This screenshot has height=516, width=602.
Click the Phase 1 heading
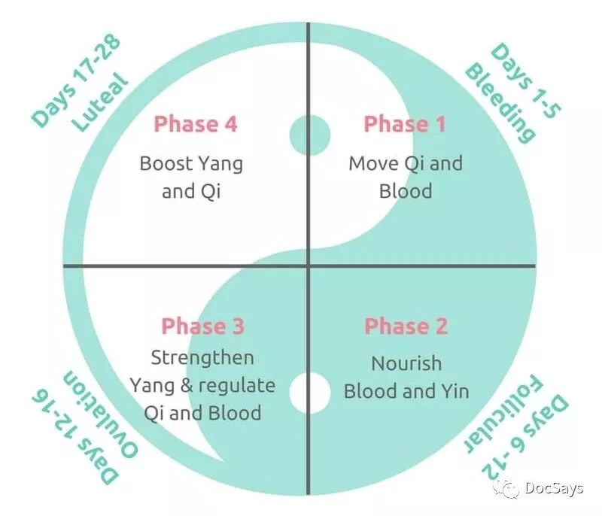405,124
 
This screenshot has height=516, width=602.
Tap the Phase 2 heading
406,326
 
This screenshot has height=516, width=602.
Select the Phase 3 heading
202,326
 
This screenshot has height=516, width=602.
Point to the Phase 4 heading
196,124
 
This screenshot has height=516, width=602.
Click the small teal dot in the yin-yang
310,135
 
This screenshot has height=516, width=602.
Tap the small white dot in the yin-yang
310,393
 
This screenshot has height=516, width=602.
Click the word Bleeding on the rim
500,104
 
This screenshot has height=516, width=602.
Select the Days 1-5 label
526,80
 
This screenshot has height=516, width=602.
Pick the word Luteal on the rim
100,102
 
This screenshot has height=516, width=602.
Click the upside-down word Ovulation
100,414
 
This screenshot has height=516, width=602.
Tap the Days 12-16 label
75,436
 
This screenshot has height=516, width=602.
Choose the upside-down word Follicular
503,414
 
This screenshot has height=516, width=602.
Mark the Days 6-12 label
525,437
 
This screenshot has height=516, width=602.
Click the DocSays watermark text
554,488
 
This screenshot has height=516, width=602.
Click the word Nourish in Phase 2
406,363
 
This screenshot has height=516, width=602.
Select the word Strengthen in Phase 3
202,358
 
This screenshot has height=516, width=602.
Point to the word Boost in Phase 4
166,163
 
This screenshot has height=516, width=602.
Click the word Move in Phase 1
373,163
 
